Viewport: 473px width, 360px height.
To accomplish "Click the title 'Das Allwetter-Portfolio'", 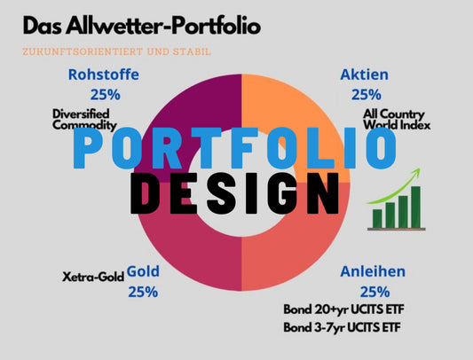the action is pyautogui.click(x=142, y=26).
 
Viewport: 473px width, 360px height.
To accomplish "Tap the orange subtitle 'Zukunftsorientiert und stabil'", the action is pyautogui.click(x=116, y=51).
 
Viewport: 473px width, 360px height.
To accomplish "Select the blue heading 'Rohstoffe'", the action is pyautogui.click(x=104, y=74).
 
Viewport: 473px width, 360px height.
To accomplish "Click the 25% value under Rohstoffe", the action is pyautogui.click(x=106, y=95).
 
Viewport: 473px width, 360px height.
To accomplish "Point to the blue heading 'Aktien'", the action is pyautogui.click(x=365, y=74).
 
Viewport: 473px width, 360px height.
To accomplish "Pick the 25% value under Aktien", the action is pyautogui.click(x=367, y=95).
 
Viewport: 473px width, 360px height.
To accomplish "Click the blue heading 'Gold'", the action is pyautogui.click(x=143, y=271).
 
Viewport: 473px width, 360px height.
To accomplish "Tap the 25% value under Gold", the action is pyautogui.click(x=143, y=292).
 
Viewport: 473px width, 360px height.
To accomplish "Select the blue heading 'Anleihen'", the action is pyautogui.click(x=373, y=271).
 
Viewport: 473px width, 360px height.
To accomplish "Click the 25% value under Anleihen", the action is pyautogui.click(x=375, y=292).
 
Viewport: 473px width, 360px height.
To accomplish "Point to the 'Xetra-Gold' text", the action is pyautogui.click(x=93, y=277).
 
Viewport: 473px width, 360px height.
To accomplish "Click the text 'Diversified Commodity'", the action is pyautogui.click(x=84, y=120).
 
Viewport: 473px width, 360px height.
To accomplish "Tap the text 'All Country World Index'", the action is pyautogui.click(x=397, y=120).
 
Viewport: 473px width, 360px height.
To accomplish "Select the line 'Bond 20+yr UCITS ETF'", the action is pyautogui.click(x=343, y=309).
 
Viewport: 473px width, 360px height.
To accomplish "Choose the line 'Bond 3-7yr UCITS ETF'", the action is pyautogui.click(x=342, y=327).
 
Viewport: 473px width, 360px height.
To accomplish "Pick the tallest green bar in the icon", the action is pyautogui.click(x=415, y=207).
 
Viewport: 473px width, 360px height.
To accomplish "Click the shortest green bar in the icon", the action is pyautogui.click(x=377, y=219).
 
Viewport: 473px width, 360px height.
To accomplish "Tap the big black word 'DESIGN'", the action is pyautogui.click(x=235, y=193).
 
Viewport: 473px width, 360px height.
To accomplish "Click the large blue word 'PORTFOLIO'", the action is pyautogui.click(x=234, y=148).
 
